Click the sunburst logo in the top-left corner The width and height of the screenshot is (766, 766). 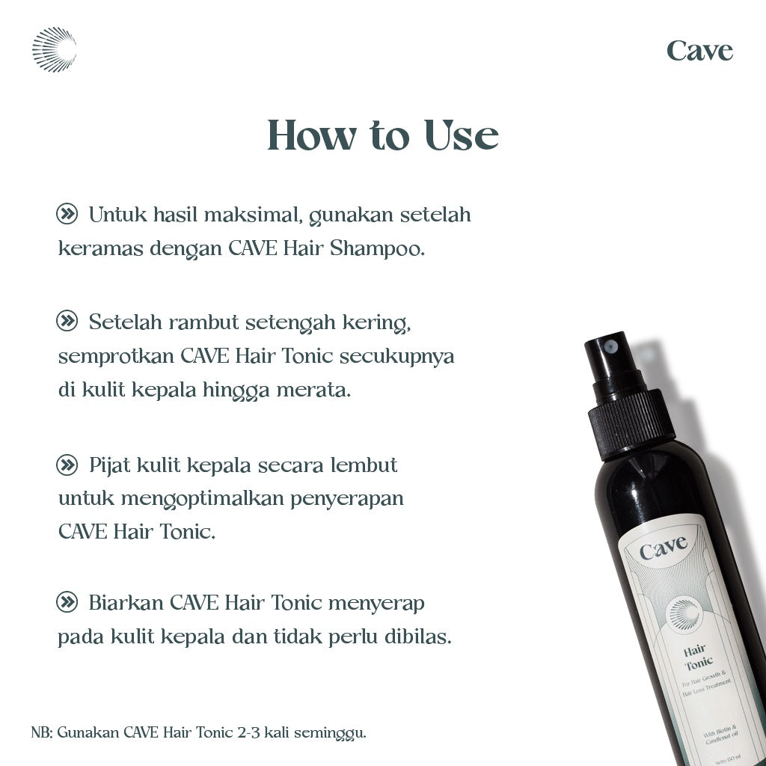pos(54,50)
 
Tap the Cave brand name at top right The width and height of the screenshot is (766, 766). pos(699,51)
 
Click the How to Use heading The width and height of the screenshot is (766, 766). pos(382,135)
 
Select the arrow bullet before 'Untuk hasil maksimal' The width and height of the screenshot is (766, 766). pos(67,215)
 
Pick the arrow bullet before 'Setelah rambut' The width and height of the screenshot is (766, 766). pos(67,322)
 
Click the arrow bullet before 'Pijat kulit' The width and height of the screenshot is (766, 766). pos(67,465)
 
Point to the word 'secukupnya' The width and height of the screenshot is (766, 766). pos(396,357)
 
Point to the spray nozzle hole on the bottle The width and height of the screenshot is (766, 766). pos(610,346)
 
